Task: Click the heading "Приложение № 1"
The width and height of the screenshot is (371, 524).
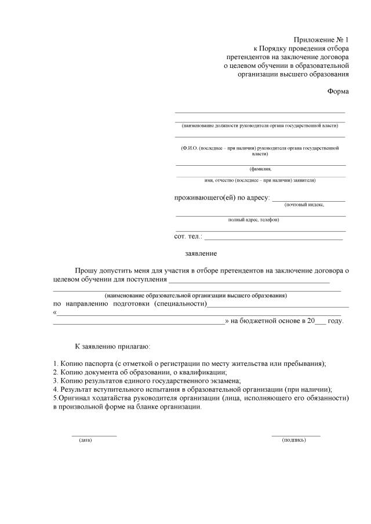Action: [x=322, y=39]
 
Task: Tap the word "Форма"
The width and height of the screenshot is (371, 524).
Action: [x=338, y=92]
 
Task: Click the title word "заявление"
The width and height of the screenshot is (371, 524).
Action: [x=201, y=253]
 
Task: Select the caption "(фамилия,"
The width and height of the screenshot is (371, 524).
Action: [x=260, y=169]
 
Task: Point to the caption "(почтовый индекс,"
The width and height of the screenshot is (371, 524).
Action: [x=304, y=205]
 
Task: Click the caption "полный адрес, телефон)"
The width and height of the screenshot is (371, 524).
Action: [x=253, y=220]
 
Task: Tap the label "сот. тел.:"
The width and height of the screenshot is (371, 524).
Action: [x=188, y=236]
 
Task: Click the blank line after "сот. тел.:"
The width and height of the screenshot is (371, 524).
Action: [x=274, y=238]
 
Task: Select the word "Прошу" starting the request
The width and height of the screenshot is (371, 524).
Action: [x=86, y=270]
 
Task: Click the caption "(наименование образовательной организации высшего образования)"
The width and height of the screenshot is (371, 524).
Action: [x=192, y=296]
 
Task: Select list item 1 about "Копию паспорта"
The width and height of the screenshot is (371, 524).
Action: [x=189, y=363]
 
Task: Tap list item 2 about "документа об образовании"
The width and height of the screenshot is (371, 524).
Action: [x=140, y=372]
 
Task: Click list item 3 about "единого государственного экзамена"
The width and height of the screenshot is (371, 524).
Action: [x=146, y=381]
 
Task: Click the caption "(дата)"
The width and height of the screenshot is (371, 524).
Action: [x=85, y=440]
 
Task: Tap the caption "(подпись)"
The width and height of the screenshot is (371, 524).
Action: [x=294, y=440]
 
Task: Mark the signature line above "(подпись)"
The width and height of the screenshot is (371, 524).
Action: [x=296, y=435]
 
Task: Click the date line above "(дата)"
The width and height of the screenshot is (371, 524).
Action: [x=94, y=435]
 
